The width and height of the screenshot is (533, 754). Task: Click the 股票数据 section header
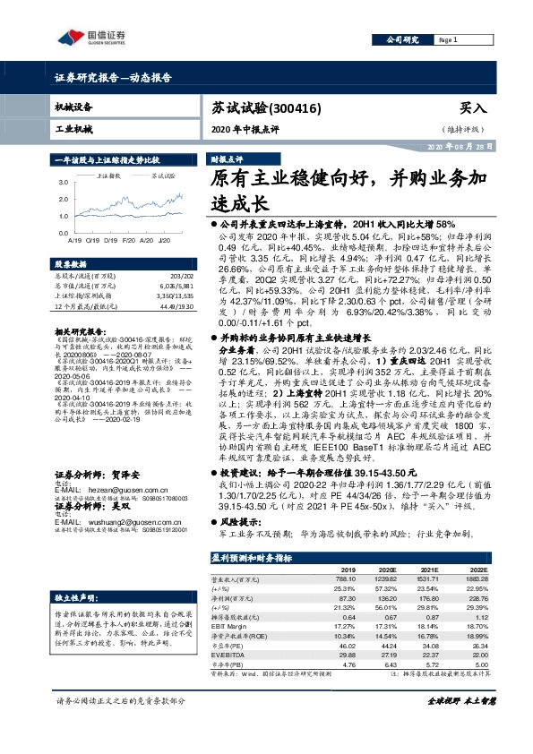click(x=70, y=265)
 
